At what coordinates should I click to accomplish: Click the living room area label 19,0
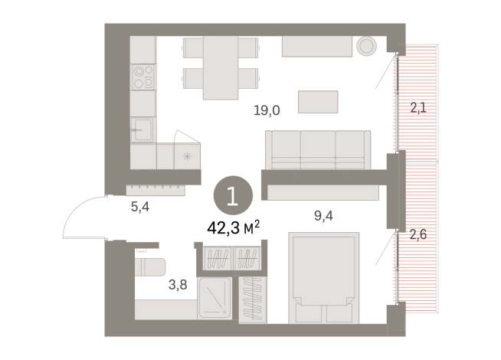267,110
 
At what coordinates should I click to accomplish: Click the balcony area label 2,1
418,108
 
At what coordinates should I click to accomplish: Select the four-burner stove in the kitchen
143,77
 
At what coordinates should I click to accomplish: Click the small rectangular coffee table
318,102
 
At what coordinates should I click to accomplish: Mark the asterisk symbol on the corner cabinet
188,156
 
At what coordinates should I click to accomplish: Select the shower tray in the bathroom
218,298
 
